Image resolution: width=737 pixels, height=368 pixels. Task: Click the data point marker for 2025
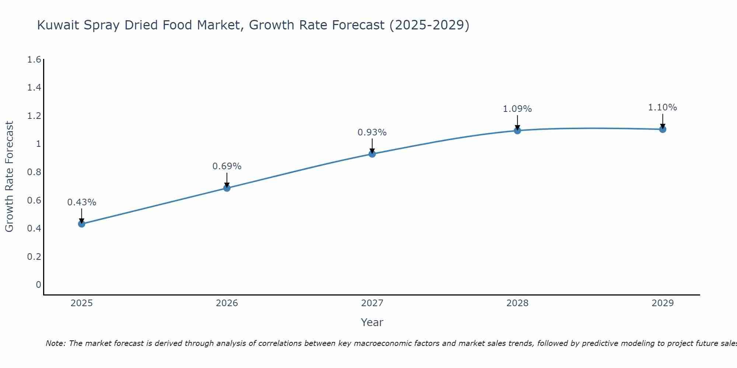82,224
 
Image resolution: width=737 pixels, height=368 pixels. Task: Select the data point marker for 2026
227,188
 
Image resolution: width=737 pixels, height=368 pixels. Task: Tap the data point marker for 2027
372,154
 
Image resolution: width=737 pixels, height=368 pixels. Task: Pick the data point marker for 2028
517,131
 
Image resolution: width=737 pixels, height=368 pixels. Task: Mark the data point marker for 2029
663,129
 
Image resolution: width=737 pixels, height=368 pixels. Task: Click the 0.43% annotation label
82,202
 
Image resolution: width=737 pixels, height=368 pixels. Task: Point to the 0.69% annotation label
227,166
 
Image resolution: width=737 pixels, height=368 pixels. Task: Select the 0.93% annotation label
372,132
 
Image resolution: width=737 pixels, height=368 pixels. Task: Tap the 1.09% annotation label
517,109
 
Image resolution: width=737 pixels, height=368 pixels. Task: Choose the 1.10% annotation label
663,107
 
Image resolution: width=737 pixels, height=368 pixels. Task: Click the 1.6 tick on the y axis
34,60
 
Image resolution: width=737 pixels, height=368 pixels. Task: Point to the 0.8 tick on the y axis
34,172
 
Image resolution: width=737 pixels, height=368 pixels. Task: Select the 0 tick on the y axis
38,285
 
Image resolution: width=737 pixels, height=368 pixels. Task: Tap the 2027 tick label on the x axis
372,303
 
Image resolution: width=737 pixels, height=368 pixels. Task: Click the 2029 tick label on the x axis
663,303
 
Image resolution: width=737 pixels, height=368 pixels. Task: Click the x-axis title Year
372,322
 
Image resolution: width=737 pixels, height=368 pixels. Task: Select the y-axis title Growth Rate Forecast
10,177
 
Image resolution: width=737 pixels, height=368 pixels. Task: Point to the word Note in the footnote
55,343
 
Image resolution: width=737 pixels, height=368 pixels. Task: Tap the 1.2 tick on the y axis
34,116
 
